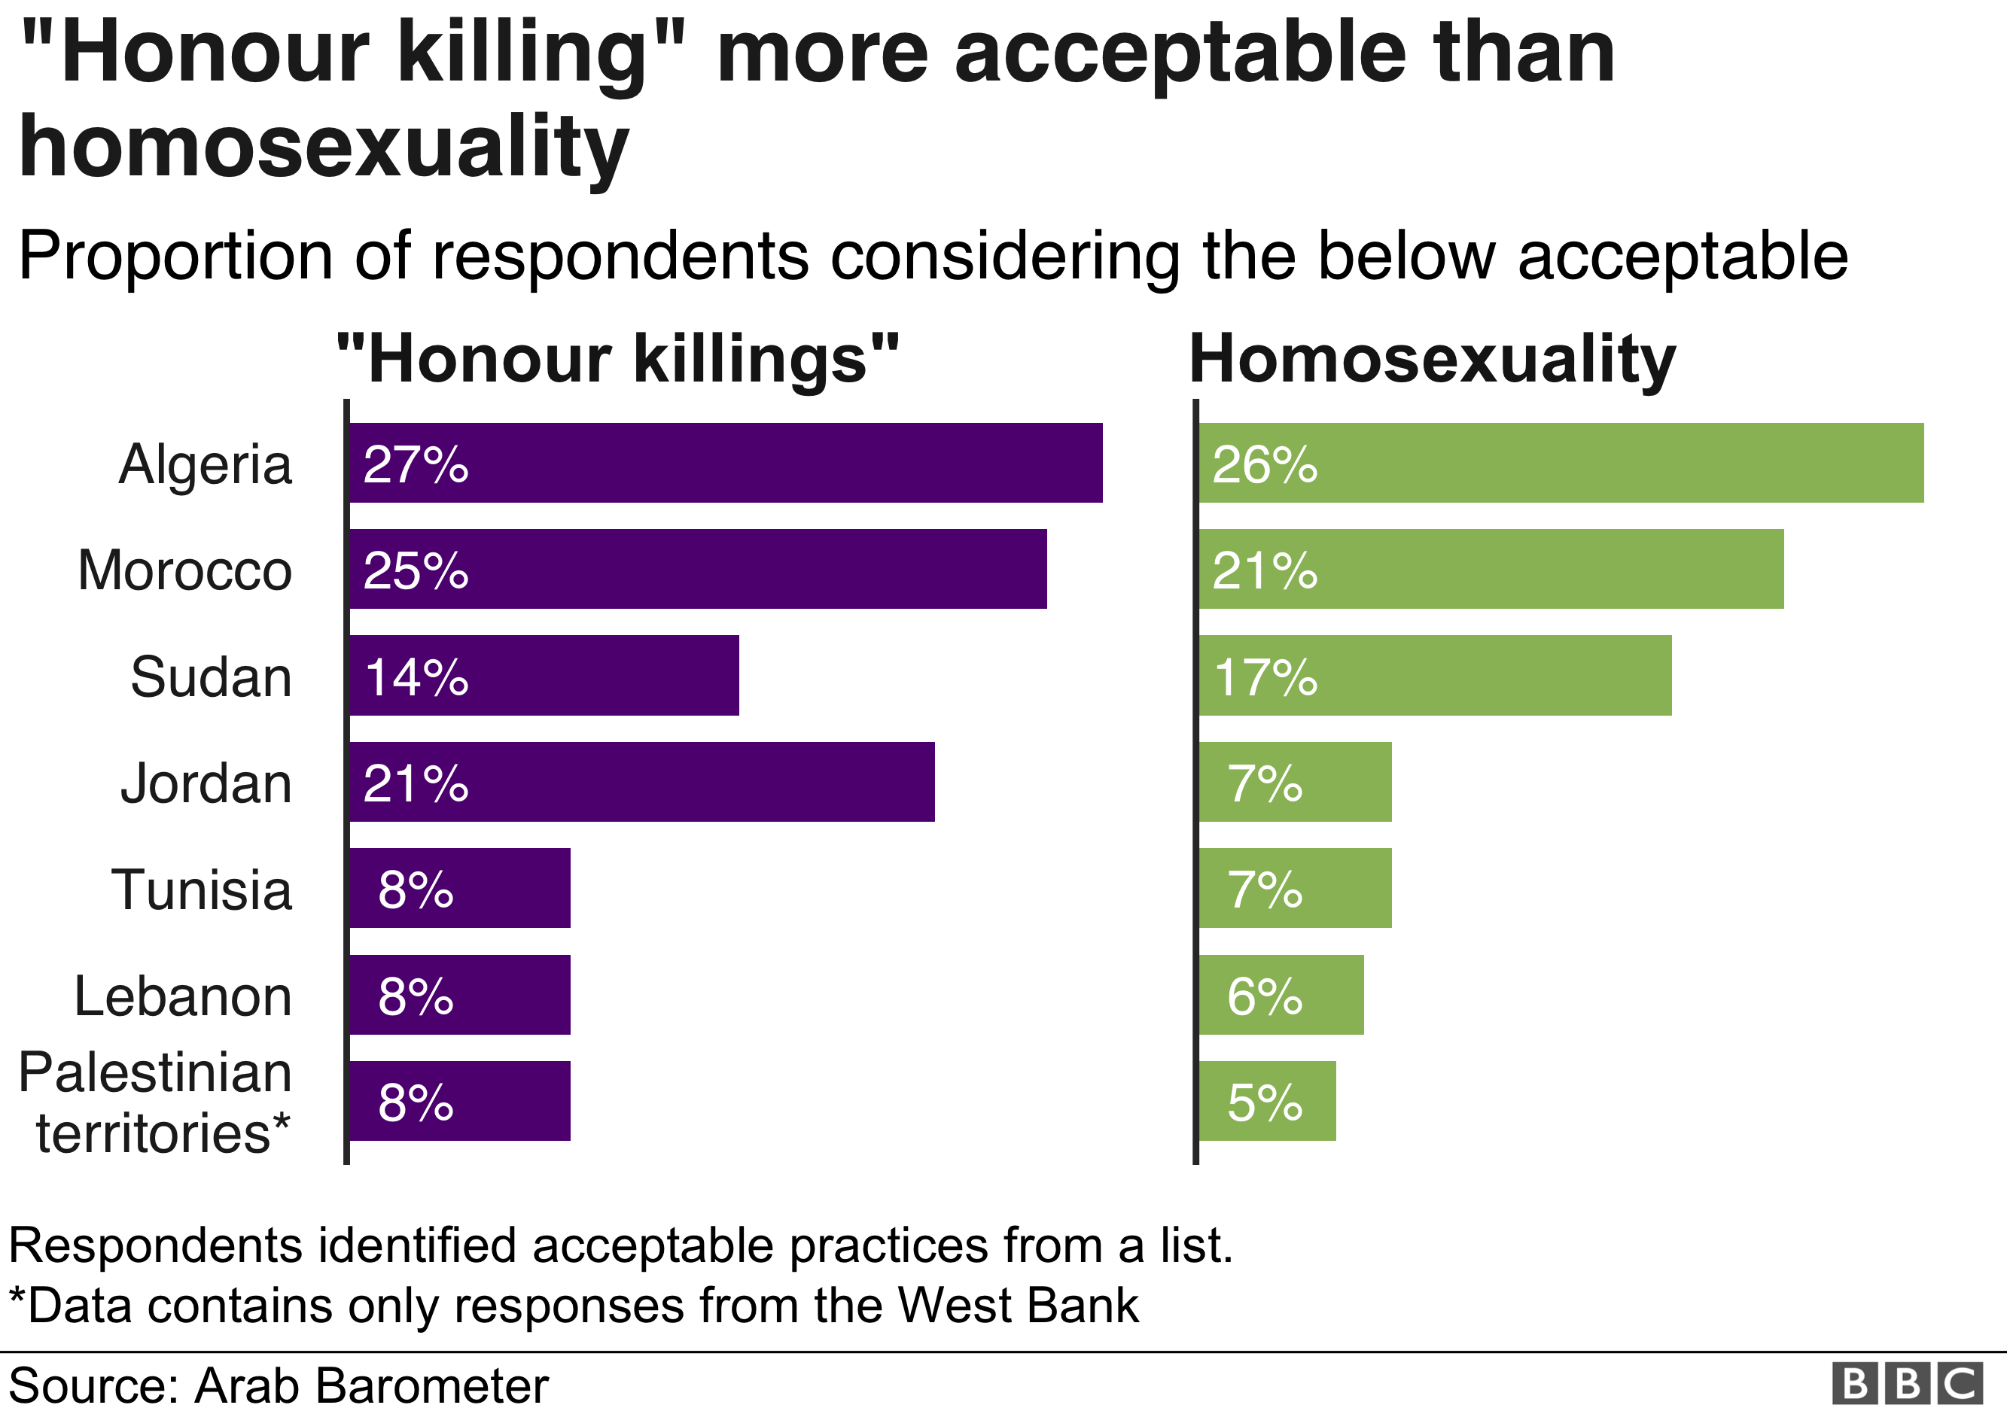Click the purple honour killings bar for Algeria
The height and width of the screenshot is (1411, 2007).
pyautogui.click(x=726, y=463)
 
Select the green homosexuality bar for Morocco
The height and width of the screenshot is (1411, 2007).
pyautogui.click(x=1491, y=569)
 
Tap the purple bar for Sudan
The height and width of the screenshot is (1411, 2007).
pyautogui.click(x=544, y=675)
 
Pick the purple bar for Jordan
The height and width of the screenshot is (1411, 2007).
pyautogui.click(x=641, y=782)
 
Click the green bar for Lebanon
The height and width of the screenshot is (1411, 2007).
pyautogui.click(x=1281, y=994)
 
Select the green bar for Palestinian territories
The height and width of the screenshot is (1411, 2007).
pyautogui.click(x=1268, y=1101)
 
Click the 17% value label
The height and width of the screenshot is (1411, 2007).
pyautogui.click(x=1265, y=677)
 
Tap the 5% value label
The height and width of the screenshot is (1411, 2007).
pyautogui.click(x=1265, y=1102)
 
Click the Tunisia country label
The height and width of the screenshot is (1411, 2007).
pyautogui.click(x=202, y=889)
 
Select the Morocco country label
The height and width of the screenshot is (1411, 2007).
pyautogui.click(x=184, y=570)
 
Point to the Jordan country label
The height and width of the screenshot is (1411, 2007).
pyautogui.click(x=206, y=783)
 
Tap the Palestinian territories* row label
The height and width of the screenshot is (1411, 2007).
pyautogui.click(x=156, y=1102)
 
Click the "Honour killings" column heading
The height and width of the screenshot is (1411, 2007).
pyautogui.click(x=618, y=359)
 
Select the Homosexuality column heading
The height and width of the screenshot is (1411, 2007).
pyautogui.click(x=1433, y=359)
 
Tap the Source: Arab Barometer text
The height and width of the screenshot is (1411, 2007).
pyautogui.click(x=279, y=1385)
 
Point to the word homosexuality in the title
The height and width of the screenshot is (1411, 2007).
pyautogui.click(x=324, y=147)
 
